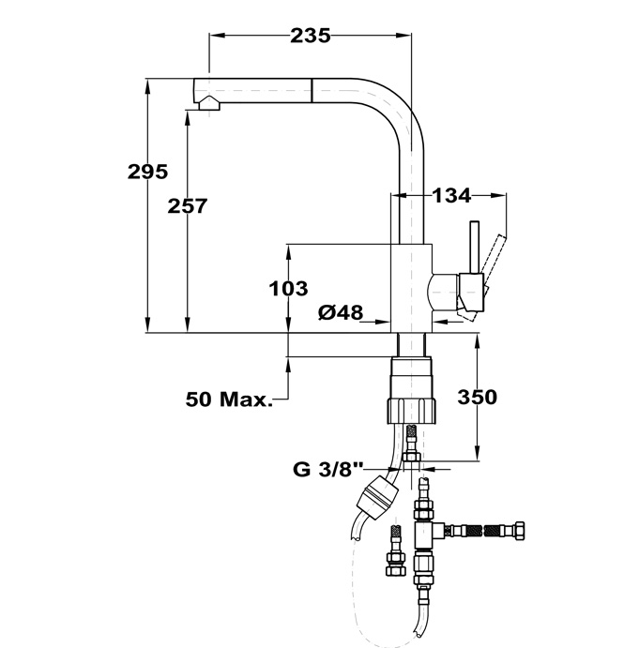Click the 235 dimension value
click(x=310, y=36)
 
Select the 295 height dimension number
click(x=147, y=172)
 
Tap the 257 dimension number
click(x=187, y=206)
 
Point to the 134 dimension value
click(x=451, y=195)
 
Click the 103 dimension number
click(x=288, y=288)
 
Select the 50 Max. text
click(x=229, y=399)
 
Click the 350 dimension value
click(x=477, y=397)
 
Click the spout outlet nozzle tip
click(x=207, y=105)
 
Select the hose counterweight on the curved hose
click(x=377, y=493)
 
